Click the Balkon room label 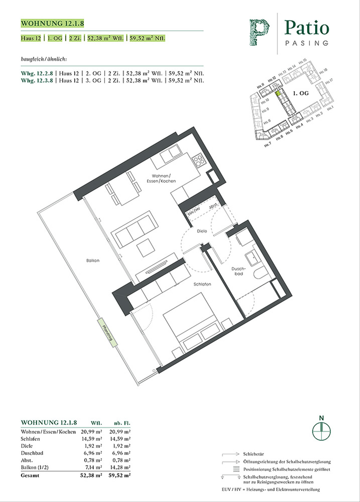click(93, 261)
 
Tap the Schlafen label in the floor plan click(202, 284)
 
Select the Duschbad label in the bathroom click(238, 271)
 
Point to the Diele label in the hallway click(202, 231)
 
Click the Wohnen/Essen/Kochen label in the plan click(161, 178)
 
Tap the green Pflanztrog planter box click(107, 333)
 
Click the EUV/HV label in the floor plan click(194, 211)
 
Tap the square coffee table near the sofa click(146, 248)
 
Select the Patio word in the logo click(307, 28)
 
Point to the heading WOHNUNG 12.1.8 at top click(52, 23)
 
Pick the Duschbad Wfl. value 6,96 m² click(93, 453)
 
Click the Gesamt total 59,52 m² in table click(119, 475)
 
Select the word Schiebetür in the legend click(253, 454)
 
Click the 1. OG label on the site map click(301, 93)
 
